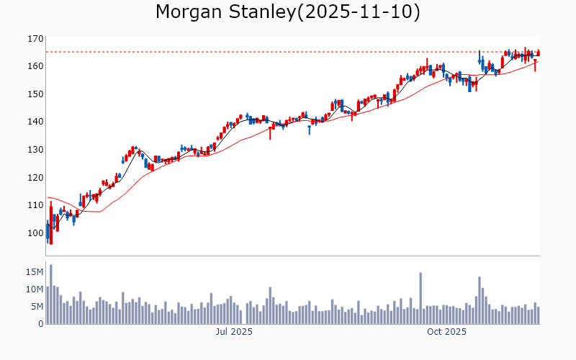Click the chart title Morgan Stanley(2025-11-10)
288,12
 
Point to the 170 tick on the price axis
35,38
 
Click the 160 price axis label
35,66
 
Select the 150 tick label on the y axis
35,94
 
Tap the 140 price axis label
35,122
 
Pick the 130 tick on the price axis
35,150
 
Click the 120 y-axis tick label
35,177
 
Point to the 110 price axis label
35,205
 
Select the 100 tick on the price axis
35,233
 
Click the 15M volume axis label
35,272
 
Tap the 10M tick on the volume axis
35,289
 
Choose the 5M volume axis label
37,307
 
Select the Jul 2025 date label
234,332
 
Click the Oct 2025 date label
446,332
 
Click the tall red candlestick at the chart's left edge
51,225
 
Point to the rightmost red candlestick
539,53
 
